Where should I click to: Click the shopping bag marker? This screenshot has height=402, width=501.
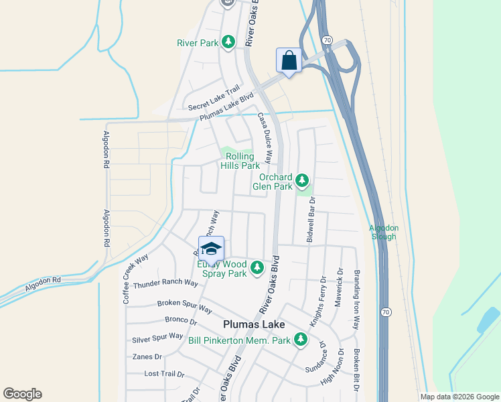pyautogui.click(x=289, y=60)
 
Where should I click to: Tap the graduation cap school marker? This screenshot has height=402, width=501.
pyautogui.click(x=211, y=249)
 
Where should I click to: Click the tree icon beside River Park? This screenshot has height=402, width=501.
pyautogui.click(x=228, y=42)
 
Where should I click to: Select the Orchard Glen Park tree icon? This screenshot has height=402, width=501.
pyautogui.click(x=302, y=180)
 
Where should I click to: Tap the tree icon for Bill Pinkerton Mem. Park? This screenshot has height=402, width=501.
pyautogui.click(x=301, y=340)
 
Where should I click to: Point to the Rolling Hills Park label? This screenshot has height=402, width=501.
pyautogui.click(x=238, y=161)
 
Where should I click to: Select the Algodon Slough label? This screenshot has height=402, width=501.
pyautogui.click(x=383, y=232)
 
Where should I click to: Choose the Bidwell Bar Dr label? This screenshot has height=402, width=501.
pyautogui.click(x=310, y=219)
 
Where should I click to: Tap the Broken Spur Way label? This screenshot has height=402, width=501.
pyautogui.click(x=184, y=306)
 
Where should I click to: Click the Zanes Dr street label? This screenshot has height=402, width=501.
pyautogui.click(x=147, y=356)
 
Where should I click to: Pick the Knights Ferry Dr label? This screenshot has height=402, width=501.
pyautogui.click(x=317, y=302)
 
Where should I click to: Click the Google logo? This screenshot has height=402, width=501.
pyautogui.click(x=22, y=394)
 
